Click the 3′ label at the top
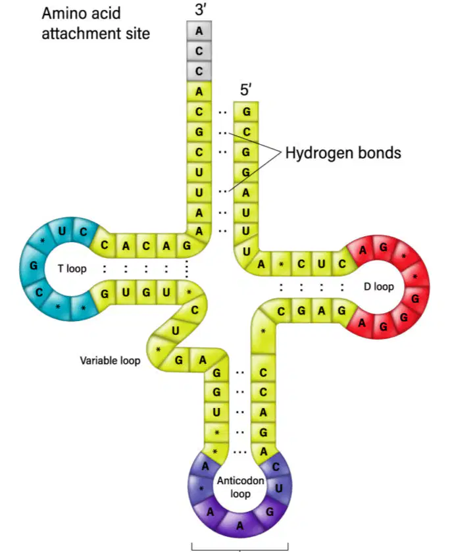201,9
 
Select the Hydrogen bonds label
343,153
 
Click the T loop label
72,269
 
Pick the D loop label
379,287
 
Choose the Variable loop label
110,361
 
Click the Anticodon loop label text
240,488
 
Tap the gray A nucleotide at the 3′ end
199,31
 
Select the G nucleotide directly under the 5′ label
246,112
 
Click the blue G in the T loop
34,265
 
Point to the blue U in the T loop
62,231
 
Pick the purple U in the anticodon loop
278,488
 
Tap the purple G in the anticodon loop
270,511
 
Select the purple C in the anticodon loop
276,467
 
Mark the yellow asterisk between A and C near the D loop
281,264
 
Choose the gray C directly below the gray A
199,51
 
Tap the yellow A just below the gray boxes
199,91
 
